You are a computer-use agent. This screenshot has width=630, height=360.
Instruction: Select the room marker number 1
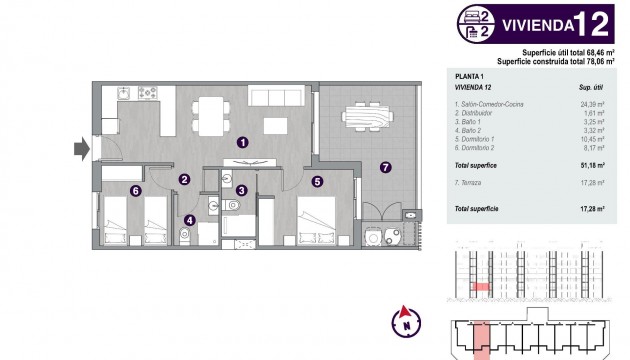tap(242, 143)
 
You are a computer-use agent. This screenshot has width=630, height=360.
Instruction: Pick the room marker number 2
tap(185, 180)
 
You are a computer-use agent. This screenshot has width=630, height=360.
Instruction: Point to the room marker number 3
tap(241, 190)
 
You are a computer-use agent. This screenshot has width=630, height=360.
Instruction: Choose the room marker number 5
tap(317, 181)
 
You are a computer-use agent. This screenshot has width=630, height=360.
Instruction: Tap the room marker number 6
tap(135, 190)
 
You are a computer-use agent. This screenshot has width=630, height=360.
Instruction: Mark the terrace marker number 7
tap(385, 166)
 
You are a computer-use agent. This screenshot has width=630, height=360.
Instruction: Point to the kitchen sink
tap(124, 94)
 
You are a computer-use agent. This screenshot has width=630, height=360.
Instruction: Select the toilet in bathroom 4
tap(183, 236)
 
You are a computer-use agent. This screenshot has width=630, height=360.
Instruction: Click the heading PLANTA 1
tap(470, 76)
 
